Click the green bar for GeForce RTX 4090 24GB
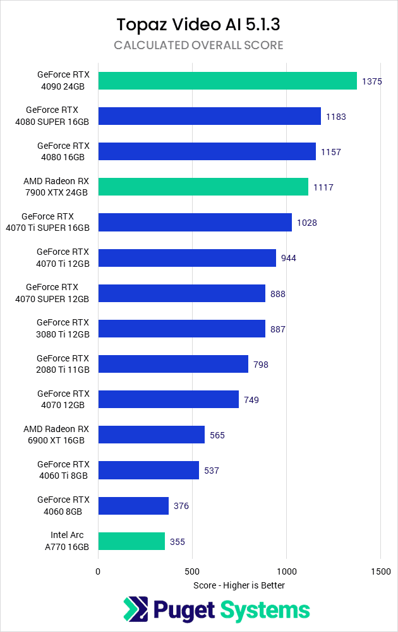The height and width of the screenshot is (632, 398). point(227,81)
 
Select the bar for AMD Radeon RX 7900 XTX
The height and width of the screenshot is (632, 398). point(203,187)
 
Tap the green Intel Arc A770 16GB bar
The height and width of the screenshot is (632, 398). point(131,541)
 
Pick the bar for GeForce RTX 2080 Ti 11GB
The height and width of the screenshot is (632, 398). point(173,364)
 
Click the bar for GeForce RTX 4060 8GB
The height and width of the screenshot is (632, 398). point(133,506)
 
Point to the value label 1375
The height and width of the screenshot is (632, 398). point(371,81)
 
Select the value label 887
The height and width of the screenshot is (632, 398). point(277,329)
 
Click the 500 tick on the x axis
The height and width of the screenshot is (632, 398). point(192,571)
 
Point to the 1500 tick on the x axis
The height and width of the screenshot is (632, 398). point(380,571)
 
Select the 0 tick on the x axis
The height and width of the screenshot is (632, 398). point(98,571)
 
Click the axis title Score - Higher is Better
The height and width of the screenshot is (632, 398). point(239,585)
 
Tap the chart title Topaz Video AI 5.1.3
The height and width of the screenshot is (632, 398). point(198,25)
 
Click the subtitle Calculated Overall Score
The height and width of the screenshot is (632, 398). point(198,45)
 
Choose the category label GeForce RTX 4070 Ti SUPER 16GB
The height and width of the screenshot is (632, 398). point(56,222)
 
